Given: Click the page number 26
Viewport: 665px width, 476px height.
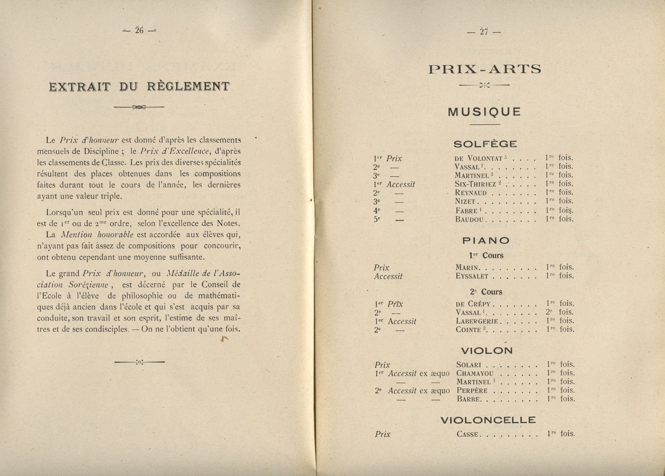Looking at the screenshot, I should (x=140, y=30).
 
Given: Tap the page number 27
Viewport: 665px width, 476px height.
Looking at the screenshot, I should (x=484, y=31).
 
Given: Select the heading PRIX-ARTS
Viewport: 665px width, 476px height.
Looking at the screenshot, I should (x=485, y=69).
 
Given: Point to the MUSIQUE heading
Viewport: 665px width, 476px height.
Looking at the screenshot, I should (x=485, y=112).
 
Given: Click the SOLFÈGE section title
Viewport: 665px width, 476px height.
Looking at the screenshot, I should (x=485, y=144).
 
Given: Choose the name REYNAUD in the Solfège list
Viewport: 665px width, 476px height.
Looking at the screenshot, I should (x=471, y=193).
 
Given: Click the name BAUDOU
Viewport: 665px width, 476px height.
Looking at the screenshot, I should (x=470, y=219).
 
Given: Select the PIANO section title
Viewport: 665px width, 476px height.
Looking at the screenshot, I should (x=485, y=241).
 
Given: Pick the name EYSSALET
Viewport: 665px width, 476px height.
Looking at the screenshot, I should (x=472, y=276).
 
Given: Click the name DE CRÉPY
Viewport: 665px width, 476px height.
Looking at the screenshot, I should (x=473, y=304).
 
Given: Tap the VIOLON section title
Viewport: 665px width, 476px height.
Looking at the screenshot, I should (x=487, y=351).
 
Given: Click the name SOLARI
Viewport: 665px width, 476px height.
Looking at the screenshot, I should (x=469, y=365).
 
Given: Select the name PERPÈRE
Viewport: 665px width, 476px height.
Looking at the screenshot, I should (x=472, y=391).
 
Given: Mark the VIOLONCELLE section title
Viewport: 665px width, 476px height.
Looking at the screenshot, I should (x=488, y=420).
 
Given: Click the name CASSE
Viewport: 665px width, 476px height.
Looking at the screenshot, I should (x=467, y=434).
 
